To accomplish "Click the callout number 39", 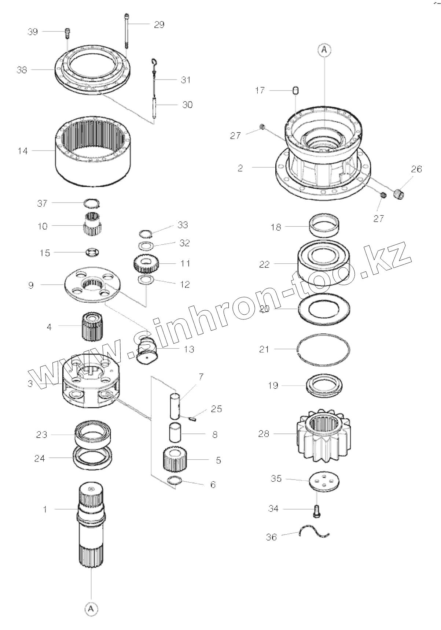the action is [x=33, y=32].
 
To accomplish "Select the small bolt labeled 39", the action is [x=67, y=33].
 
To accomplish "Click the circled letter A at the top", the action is [x=324, y=50].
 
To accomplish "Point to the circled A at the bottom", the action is [x=91, y=609].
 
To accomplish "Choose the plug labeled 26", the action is [x=399, y=194].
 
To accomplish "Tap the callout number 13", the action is [x=189, y=349].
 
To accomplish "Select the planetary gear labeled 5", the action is [x=175, y=460].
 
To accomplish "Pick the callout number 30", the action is [x=187, y=105].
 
